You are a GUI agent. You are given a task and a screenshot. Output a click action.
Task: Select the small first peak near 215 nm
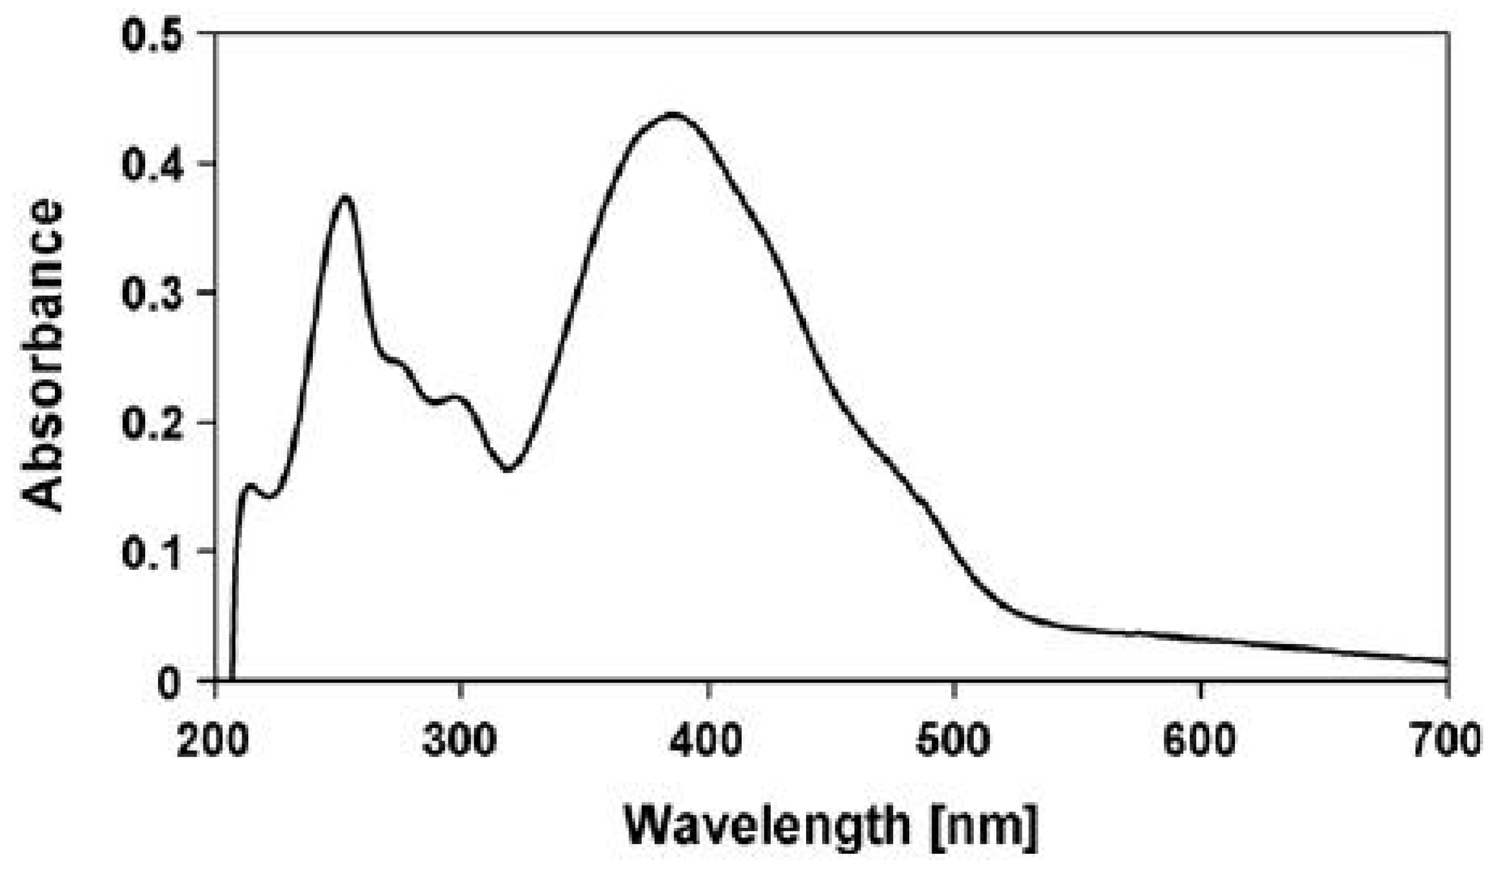[249, 486]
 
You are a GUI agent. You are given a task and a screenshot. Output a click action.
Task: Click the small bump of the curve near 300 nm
[456, 397]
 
